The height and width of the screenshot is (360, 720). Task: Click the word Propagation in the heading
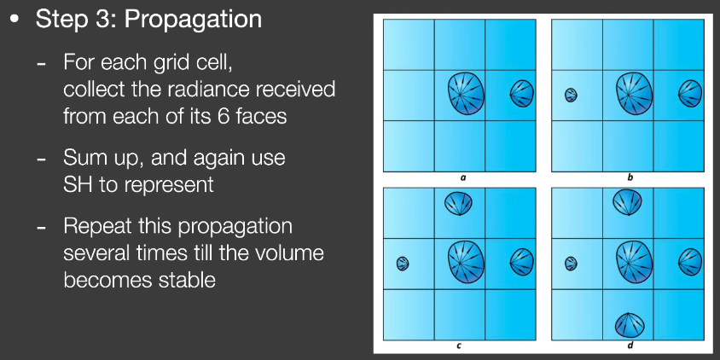coord(193,20)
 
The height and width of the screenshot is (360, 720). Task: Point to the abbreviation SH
coord(76,184)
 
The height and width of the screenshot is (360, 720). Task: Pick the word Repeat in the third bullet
coord(94,227)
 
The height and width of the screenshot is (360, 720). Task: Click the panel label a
coord(461,177)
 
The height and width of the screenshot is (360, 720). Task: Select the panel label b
coord(630,177)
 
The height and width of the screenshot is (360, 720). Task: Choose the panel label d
coord(630,345)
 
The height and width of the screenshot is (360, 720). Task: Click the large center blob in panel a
coord(466,94)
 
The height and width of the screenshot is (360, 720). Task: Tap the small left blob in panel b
coord(571,95)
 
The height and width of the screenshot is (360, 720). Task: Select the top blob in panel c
coord(458,203)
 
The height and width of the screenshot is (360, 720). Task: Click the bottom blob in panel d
coord(630,325)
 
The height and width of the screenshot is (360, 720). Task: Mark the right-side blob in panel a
coord(522,94)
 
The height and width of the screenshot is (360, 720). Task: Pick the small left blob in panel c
coord(403,264)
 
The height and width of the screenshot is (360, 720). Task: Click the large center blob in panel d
coord(634,262)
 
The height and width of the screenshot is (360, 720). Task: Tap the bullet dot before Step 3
coord(15,20)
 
